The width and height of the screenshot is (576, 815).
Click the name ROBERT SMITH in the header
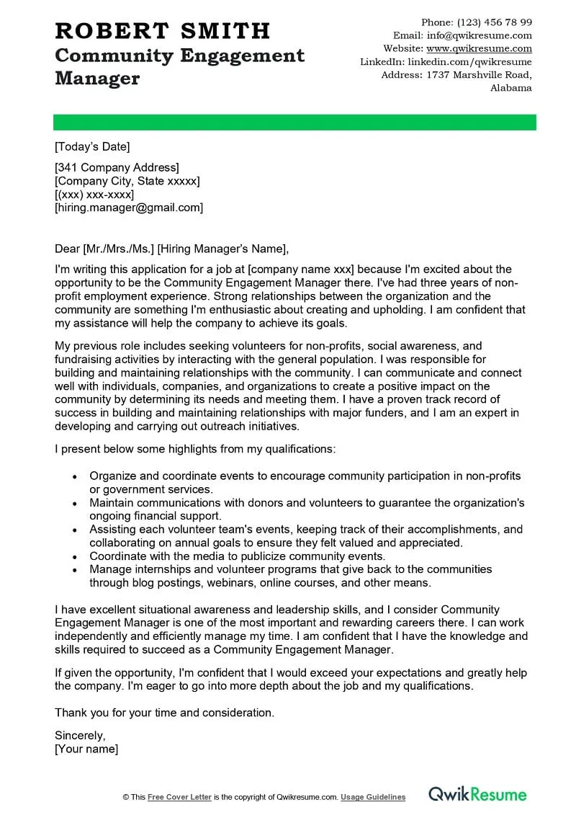163,31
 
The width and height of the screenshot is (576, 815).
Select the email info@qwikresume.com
479,35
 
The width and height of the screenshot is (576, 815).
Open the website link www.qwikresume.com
479,48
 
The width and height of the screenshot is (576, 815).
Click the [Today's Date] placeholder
92,147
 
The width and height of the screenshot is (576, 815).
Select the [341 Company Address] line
117,168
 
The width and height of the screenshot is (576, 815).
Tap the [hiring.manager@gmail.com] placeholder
129,208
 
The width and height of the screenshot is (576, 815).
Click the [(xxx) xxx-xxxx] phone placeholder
94,195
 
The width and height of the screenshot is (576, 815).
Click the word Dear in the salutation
68,249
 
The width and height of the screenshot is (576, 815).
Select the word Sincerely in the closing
80,736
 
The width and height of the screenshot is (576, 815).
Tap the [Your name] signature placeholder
86,749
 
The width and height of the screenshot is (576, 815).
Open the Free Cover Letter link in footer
180,797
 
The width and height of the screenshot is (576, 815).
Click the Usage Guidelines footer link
373,797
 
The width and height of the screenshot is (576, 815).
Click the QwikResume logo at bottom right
478,795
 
